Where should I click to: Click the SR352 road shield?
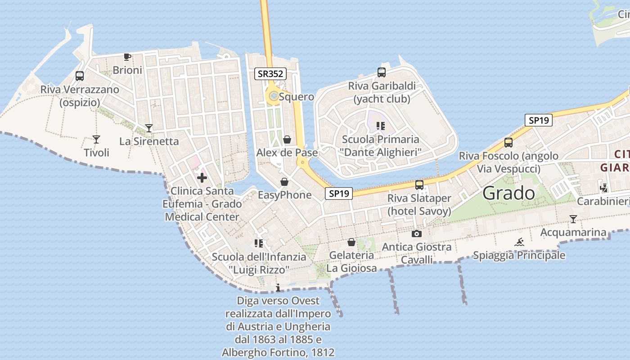(270, 74)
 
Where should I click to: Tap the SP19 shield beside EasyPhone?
(338, 193)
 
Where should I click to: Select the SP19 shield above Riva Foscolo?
(538, 120)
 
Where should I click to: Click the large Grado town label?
(508, 193)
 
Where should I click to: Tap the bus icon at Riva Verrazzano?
(80, 76)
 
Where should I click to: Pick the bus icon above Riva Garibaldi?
(381, 72)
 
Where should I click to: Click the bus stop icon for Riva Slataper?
(419, 185)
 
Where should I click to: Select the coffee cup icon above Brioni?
(127, 57)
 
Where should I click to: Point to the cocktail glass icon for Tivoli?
(96, 139)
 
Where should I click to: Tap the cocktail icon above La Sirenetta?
(149, 128)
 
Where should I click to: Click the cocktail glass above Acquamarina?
(573, 219)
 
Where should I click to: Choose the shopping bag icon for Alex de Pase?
(287, 140)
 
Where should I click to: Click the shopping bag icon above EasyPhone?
(284, 182)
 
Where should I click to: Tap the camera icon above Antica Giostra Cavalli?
(417, 234)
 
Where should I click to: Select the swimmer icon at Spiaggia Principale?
(519, 242)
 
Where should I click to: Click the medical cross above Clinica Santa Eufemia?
(202, 178)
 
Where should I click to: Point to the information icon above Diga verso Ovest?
(278, 288)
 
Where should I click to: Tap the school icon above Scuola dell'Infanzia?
(258, 243)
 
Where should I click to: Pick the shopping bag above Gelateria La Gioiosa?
(351, 243)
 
